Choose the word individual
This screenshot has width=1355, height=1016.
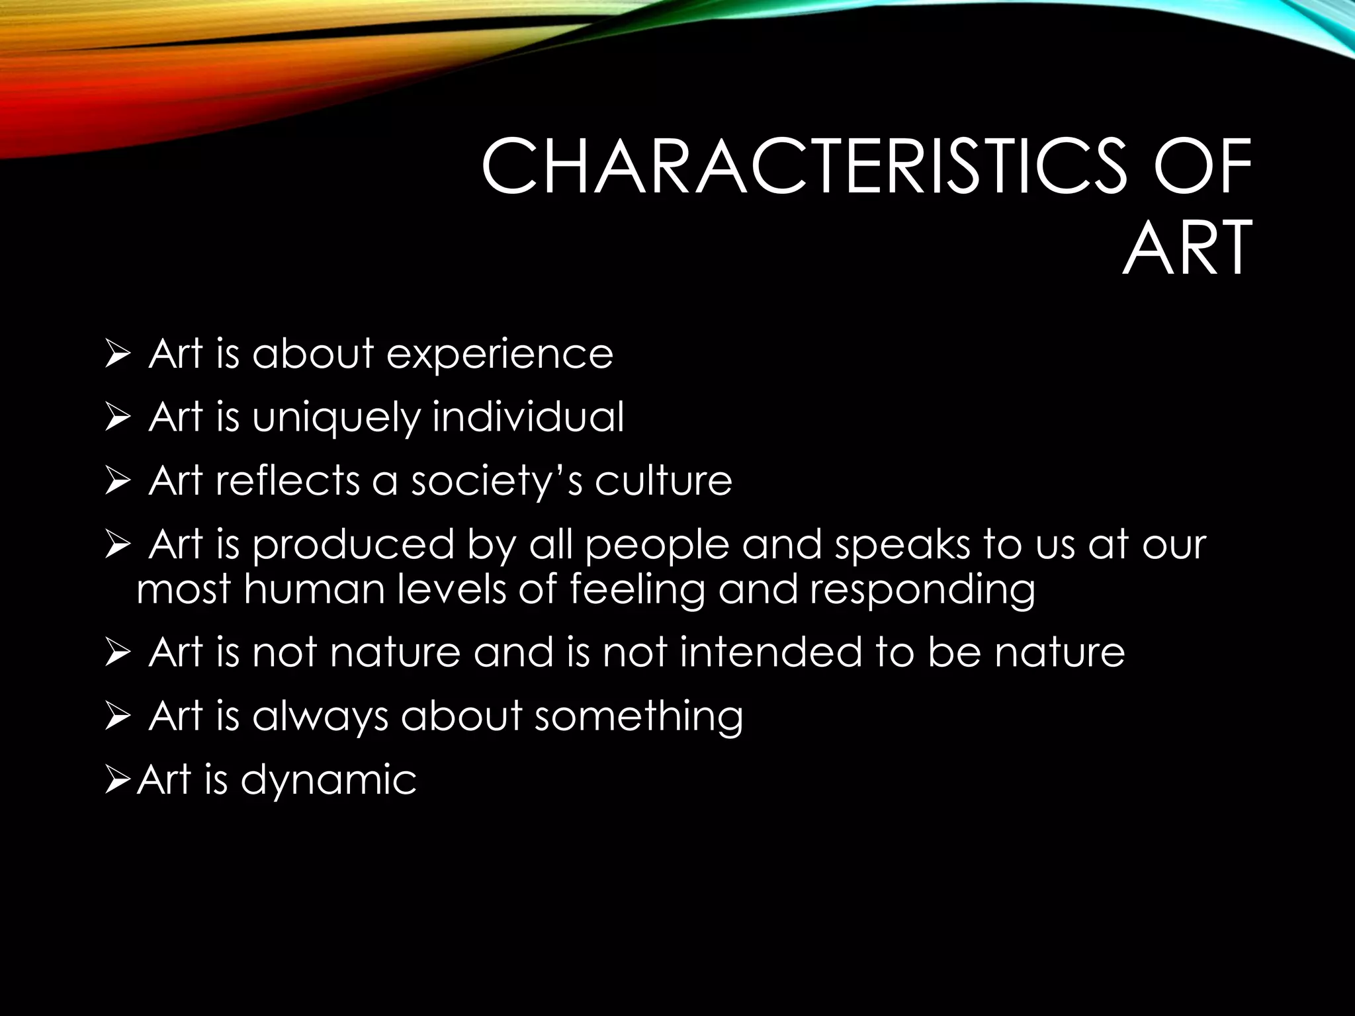(528, 417)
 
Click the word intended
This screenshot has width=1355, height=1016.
(771, 652)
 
